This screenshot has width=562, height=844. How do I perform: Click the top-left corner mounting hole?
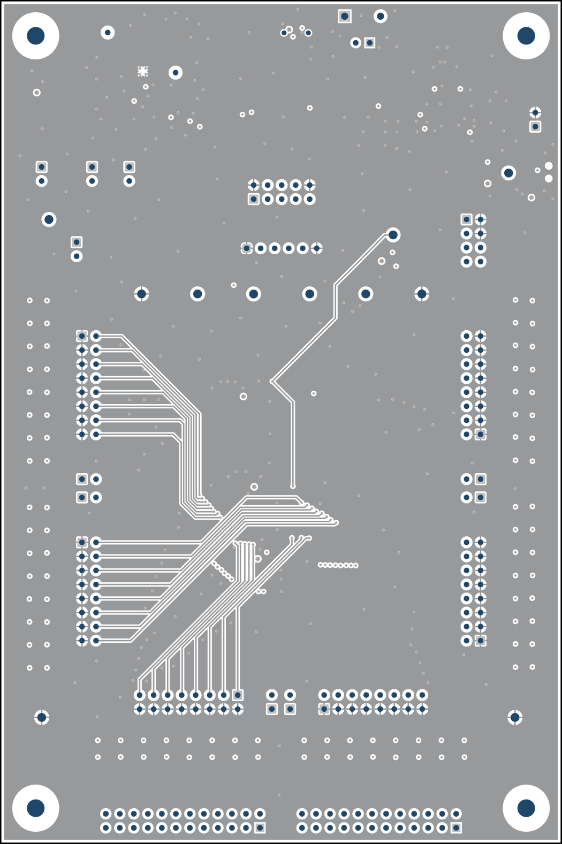point(35,36)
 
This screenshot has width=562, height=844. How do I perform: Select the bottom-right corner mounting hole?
point(526,808)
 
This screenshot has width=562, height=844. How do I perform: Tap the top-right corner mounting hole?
point(526,36)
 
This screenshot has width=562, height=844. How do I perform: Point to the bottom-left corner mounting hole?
point(35,808)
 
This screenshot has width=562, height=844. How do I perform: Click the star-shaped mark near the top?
point(142,71)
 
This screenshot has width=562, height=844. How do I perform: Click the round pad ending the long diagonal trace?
point(393,235)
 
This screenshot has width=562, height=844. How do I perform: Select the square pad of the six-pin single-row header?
point(246,248)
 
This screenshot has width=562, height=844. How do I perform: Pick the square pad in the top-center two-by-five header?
point(254,199)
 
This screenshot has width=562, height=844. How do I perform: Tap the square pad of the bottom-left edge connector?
point(260,828)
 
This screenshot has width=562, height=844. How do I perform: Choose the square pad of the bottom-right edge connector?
point(456,828)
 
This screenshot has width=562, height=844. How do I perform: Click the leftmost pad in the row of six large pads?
point(141,294)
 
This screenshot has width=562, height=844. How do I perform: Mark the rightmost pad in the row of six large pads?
point(422,294)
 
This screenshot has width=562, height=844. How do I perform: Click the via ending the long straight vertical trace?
point(293,486)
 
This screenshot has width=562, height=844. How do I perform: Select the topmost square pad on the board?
point(345,16)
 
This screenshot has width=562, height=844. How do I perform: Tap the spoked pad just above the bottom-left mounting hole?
point(42,717)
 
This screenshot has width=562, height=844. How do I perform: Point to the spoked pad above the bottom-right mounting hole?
point(515,717)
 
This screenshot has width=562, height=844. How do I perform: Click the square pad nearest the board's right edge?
point(535,127)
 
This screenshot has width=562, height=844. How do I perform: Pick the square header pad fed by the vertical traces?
point(238,695)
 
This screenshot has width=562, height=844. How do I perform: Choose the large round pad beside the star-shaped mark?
point(175,72)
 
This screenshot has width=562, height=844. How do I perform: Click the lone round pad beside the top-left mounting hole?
point(108,33)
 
